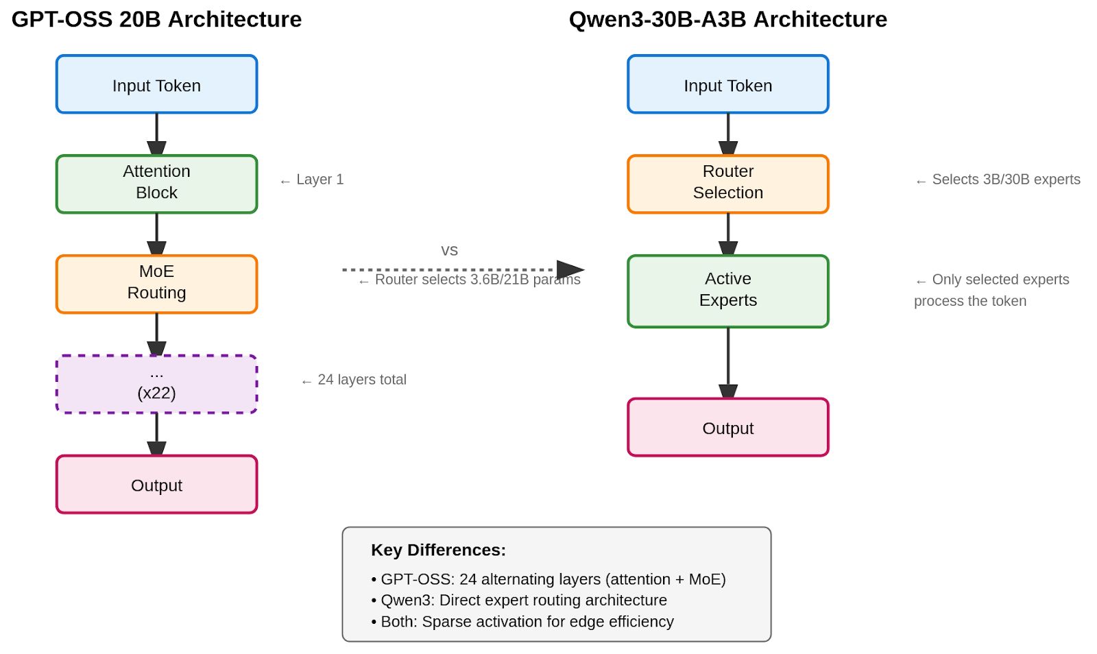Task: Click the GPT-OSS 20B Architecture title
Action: (156, 19)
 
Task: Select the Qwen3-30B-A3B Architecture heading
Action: (727, 19)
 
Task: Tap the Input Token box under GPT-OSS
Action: (156, 85)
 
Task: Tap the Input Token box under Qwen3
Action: (727, 85)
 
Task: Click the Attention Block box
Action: (156, 184)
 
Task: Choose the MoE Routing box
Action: (156, 284)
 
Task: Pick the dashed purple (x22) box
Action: (156, 384)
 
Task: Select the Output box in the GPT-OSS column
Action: (156, 485)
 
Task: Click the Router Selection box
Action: (727, 184)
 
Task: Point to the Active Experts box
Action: (727, 291)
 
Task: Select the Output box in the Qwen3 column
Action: (727, 428)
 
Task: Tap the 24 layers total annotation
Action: (354, 380)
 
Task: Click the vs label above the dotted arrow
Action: (449, 251)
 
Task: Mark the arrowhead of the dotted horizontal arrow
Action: (570, 269)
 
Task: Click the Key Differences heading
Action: (438, 550)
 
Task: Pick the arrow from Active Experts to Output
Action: (727, 362)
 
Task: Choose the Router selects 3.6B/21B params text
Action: (470, 280)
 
